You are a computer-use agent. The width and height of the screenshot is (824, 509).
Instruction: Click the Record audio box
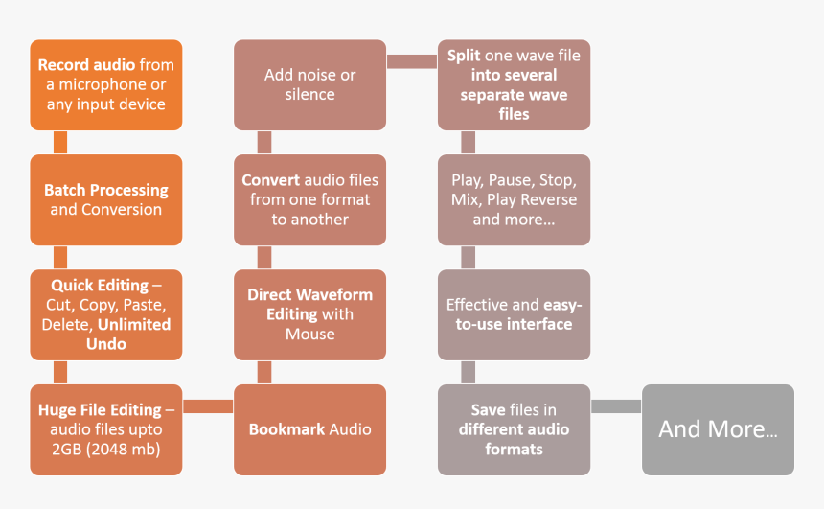pyautogui.click(x=105, y=84)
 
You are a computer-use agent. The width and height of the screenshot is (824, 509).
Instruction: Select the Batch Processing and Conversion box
pyautogui.click(x=105, y=199)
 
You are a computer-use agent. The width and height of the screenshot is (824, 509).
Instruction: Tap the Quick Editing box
pyautogui.click(x=105, y=314)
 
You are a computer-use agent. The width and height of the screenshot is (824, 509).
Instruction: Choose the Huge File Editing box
pyautogui.click(x=105, y=429)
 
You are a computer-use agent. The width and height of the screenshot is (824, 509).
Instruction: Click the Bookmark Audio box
pyautogui.click(x=309, y=429)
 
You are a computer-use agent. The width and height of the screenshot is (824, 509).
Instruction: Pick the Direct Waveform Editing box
pyautogui.click(x=309, y=314)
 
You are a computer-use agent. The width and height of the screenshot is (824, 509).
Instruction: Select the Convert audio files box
pyautogui.click(x=309, y=199)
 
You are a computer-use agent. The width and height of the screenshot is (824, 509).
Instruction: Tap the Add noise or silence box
pyautogui.click(x=309, y=84)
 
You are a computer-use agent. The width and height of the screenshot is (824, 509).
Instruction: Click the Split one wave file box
pyautogui.click(x=514, y=84)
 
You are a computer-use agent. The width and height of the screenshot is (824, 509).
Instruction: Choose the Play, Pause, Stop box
pyautogui.click(x=514, y=199)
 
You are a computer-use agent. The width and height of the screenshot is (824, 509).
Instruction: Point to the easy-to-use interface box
pyautogui.click(x=514, y=314)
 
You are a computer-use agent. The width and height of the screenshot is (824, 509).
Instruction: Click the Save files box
pyautogui.click(x=514, y=429)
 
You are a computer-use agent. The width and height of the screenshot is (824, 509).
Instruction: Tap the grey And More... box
pyautogui.click(x=718, y=429)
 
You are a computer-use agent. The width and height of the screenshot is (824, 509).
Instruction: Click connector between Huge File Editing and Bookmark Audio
pyautogui.click(x=208, y=406)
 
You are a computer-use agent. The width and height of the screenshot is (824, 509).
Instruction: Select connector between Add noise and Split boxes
pyautogui.click(x=412, y=61)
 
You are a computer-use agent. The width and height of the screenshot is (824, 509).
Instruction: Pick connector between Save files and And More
pyautogui.click(x=616, y=406)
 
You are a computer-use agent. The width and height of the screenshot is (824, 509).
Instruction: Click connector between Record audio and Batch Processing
pyautogui.click(x=60, y=142)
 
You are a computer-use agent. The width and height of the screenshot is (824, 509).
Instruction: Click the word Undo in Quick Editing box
pyautogui.click(x=105, y=344)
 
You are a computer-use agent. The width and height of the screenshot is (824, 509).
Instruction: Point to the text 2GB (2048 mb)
pyautogui.click(x=105, y=450)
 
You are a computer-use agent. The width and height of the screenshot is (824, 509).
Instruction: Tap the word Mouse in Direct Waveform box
pyautogui.click(x=309, y=335)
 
